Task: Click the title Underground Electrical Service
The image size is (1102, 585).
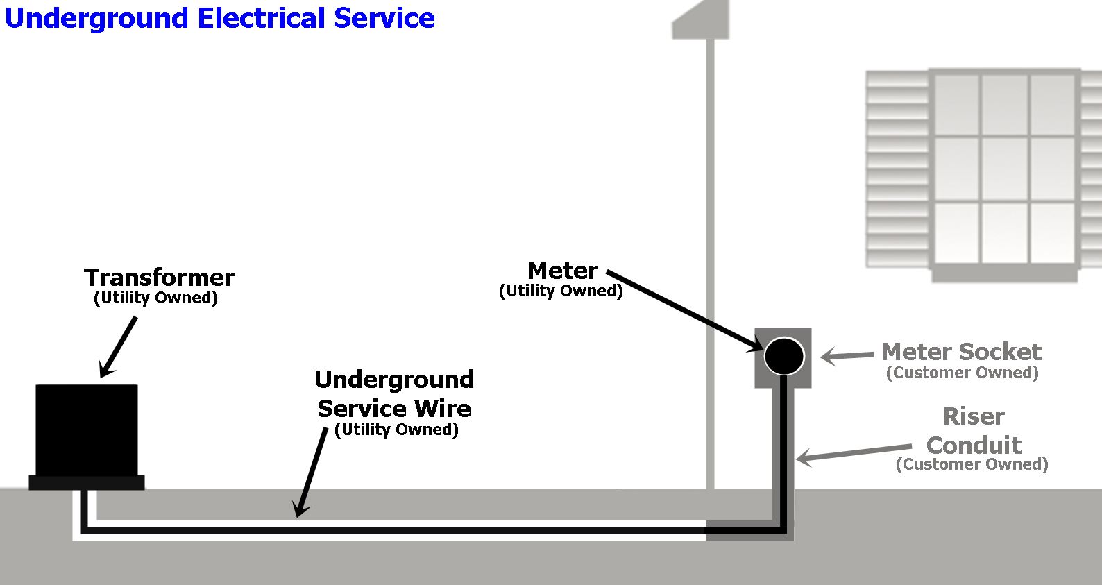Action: coord(219,18)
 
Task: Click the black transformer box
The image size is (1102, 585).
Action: coord(87,429)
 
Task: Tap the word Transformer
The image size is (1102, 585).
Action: coord(159,278)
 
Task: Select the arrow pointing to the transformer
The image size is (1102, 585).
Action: coord(119,347)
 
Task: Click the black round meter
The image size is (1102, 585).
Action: coord(784,355)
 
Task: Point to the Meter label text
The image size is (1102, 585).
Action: coord(562,270)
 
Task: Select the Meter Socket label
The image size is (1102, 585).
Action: coord(961,352)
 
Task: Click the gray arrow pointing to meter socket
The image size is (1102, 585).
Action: coord(847,356)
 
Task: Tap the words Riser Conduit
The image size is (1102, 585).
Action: coord(974,431)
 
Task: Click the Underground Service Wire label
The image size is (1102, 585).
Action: coord(394,394)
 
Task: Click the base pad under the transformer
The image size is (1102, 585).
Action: coord(87,482)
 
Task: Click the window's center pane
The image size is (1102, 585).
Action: coord(1004,169)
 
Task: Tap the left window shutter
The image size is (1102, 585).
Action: coord(897,169)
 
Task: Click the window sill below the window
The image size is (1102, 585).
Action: coord(1004,275)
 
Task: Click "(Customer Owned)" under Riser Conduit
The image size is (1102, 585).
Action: coord(972,464)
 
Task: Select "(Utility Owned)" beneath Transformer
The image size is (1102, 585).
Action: coord(155,298)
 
